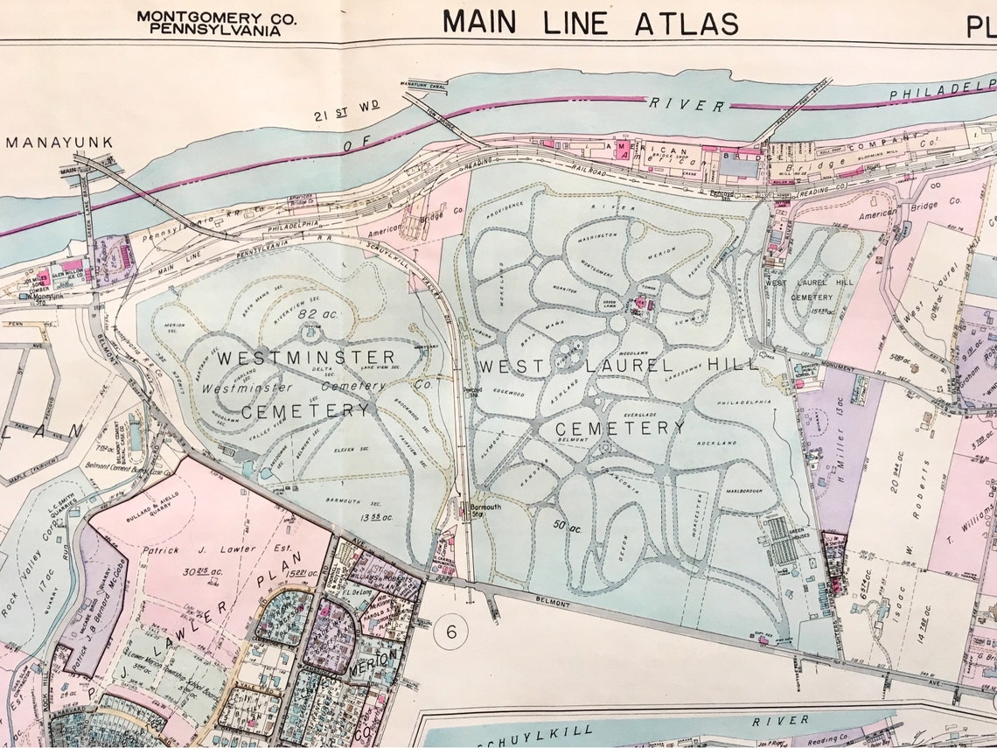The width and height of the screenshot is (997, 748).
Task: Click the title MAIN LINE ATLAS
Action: point(590,21)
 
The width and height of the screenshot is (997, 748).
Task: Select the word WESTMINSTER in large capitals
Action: point(306,358)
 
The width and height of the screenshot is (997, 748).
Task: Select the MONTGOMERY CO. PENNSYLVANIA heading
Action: point(215,23)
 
